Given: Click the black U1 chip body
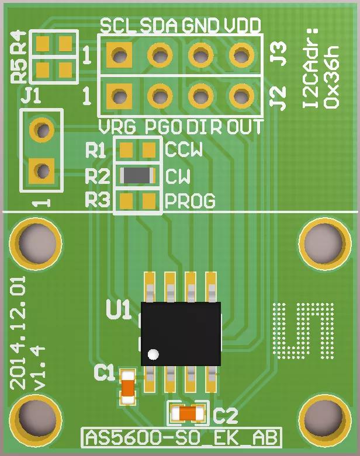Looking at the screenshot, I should tap(181, 333).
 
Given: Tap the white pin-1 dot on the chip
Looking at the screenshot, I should tap(153, 354).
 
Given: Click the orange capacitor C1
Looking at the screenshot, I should tap(127, 387).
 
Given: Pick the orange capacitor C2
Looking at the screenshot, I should tap(187, 414).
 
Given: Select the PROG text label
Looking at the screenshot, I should tap(191, 201).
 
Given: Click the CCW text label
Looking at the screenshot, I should tap(184, 150).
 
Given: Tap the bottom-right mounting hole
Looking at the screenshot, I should tap(323, 417).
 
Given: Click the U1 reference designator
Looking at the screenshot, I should tap(119, 310).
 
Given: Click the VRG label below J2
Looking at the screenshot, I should tap(117, 127).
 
